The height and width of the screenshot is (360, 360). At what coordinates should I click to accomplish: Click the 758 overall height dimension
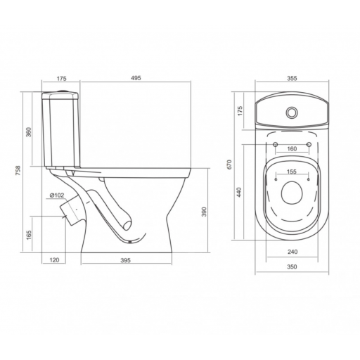(x=18, y=171)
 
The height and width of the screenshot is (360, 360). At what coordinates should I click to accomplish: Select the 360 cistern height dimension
(x=28, y=132)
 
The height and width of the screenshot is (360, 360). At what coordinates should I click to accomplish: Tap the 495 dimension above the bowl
(x=136, y=78)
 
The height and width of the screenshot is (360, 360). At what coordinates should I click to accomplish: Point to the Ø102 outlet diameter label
(x=57, y=195)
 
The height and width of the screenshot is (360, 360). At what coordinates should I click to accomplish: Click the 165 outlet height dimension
(x=29, y=235)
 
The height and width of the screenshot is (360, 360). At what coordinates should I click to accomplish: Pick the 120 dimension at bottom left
(x=55, y=259)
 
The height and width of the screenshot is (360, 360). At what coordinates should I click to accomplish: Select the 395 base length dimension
(x=125, y=260)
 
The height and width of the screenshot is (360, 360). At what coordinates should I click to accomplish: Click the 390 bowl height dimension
(x=204, y=212)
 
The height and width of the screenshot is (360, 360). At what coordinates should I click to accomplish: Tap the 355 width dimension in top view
(x=292, y=78)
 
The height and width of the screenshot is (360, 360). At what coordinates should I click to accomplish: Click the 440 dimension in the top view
(x=239, y=192)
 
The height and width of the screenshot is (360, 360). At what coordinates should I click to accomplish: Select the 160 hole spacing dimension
(x=292, y=149)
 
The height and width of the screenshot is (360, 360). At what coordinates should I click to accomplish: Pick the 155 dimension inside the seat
(x=292, y=172)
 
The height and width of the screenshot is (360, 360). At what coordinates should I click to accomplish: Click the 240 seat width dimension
(x=292, y=252)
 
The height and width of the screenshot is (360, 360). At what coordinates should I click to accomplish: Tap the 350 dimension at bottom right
(x=292, y=266)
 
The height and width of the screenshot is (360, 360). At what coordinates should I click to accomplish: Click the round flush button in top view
(x=292, y=112)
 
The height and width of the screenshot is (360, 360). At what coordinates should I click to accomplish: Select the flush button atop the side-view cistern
(x=63, y=90)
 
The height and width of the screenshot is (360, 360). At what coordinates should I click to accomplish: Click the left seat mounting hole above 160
(x=276, y=144)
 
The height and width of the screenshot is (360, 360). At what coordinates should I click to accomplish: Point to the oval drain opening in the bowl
(x=292, y=193)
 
